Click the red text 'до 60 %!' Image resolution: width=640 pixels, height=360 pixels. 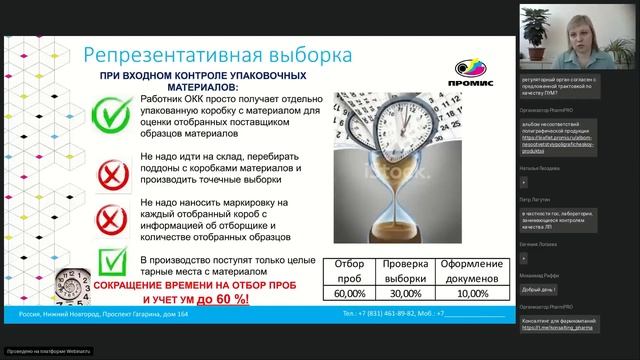(236, 299)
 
